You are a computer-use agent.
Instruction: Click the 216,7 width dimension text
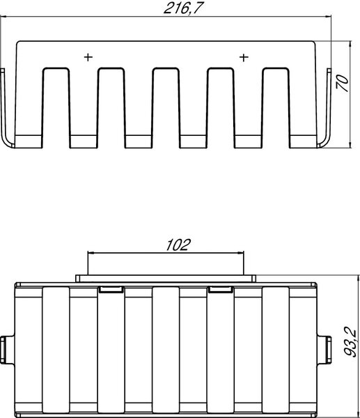(x=182, y=8)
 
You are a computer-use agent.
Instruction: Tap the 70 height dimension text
(x=342, y=84)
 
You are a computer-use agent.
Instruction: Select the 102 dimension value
(x=178, y=245)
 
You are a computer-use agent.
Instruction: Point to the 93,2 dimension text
(x=350, y=341)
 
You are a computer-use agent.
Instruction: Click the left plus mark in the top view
(x=88, y=57)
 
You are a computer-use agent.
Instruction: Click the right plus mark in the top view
(x=244, y=57)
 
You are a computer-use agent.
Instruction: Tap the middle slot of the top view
(x=166, y=107)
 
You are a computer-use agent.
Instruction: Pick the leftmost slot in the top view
(x=56, y=107)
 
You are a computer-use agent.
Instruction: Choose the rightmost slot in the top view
(x=276, y=107)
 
